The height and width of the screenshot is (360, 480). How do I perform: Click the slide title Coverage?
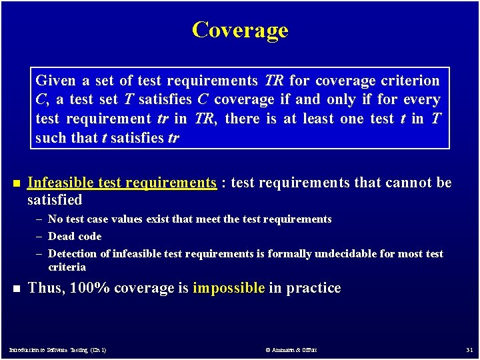tap(240, 30)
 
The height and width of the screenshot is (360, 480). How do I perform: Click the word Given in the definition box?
tap(55, 81)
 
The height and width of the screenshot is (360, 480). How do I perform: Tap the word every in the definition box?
tap(421, 100)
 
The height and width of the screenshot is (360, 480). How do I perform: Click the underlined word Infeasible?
tap(61, 183)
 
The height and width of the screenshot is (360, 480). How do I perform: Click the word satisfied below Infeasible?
tap(55, 200)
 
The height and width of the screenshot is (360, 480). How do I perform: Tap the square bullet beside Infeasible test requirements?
tap(15, 183)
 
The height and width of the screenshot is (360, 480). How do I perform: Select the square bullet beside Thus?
tap(15, 289)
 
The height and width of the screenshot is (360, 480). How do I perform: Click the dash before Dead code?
tap(40, 237)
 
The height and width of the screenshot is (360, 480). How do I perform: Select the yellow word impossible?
tap(229, 288)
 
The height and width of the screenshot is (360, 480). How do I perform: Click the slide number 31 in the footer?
tap(468, 349)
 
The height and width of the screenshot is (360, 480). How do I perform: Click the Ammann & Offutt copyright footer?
tap(291, 349)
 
